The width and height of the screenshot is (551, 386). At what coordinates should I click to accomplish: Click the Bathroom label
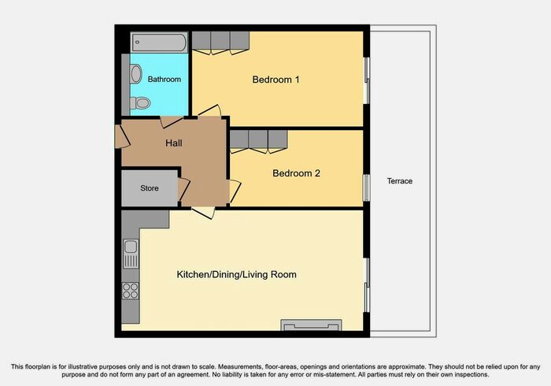[165, 80]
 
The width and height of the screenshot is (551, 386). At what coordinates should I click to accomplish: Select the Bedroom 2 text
[296, 173]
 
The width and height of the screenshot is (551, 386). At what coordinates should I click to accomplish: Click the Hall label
[174, 143]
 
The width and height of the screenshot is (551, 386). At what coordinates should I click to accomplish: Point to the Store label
[150, 189]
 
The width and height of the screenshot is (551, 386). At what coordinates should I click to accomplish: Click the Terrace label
[399, 181]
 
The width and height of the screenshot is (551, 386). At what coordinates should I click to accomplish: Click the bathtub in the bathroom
[159, 42]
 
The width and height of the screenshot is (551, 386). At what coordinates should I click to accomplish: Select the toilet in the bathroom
[140, 102]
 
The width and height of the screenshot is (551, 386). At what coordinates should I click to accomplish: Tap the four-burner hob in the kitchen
[131, 290]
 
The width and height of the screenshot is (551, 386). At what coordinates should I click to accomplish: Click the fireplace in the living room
[312, 325]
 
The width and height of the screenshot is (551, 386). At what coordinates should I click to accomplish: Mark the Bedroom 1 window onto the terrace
[366, 80]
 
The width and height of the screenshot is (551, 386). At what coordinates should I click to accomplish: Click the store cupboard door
[184, 189]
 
